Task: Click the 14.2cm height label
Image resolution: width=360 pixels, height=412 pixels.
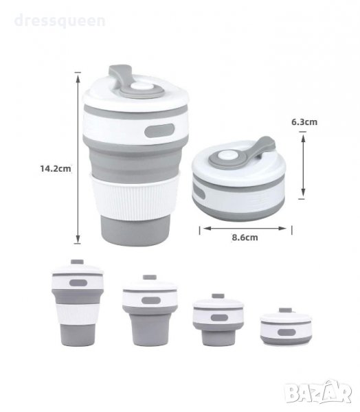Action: click(56, 168)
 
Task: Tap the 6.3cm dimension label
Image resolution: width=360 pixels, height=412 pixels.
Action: click(304, 122)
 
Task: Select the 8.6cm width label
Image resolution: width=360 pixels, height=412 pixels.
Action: click(245, 238)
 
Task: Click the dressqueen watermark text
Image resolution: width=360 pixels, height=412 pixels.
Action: click(60, 21)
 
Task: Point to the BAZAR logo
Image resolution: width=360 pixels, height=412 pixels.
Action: click(319, 391)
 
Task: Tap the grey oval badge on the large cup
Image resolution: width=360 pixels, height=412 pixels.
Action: click(159, 130)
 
